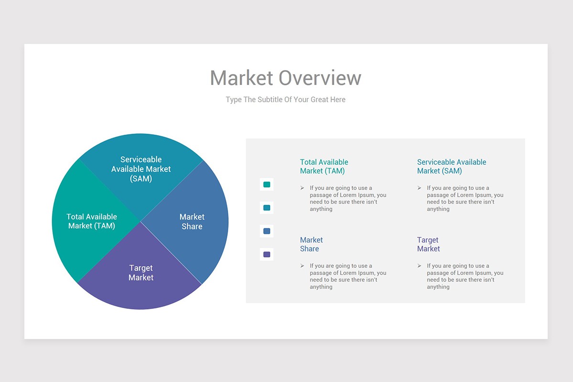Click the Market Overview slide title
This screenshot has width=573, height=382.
[x=286, y=78]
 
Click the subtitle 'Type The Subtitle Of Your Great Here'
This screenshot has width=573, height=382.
[x=286, y=100]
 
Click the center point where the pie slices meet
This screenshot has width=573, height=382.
[x=140, y=222]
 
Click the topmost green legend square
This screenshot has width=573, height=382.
[x=266, y=184]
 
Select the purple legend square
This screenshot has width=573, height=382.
[x=266, y=254]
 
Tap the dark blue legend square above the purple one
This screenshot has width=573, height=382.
[x=266, y=231]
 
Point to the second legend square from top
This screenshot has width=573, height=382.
[x=266, y=208]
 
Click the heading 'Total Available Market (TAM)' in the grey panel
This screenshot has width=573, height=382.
[x=324, y=167]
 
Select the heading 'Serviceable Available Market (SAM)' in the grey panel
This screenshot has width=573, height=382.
[x=451, y=167]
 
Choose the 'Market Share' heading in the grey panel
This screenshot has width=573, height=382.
[x=311, y=244]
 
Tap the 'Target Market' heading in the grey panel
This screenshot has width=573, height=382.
[x=428, y=244]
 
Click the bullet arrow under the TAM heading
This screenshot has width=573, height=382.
[x=302, y=188]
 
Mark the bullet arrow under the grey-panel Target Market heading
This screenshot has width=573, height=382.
[x=419, y=266]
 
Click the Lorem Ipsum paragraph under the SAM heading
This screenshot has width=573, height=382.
[x=465, y=199]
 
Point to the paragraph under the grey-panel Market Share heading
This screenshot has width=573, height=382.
[x=348, y=276]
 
